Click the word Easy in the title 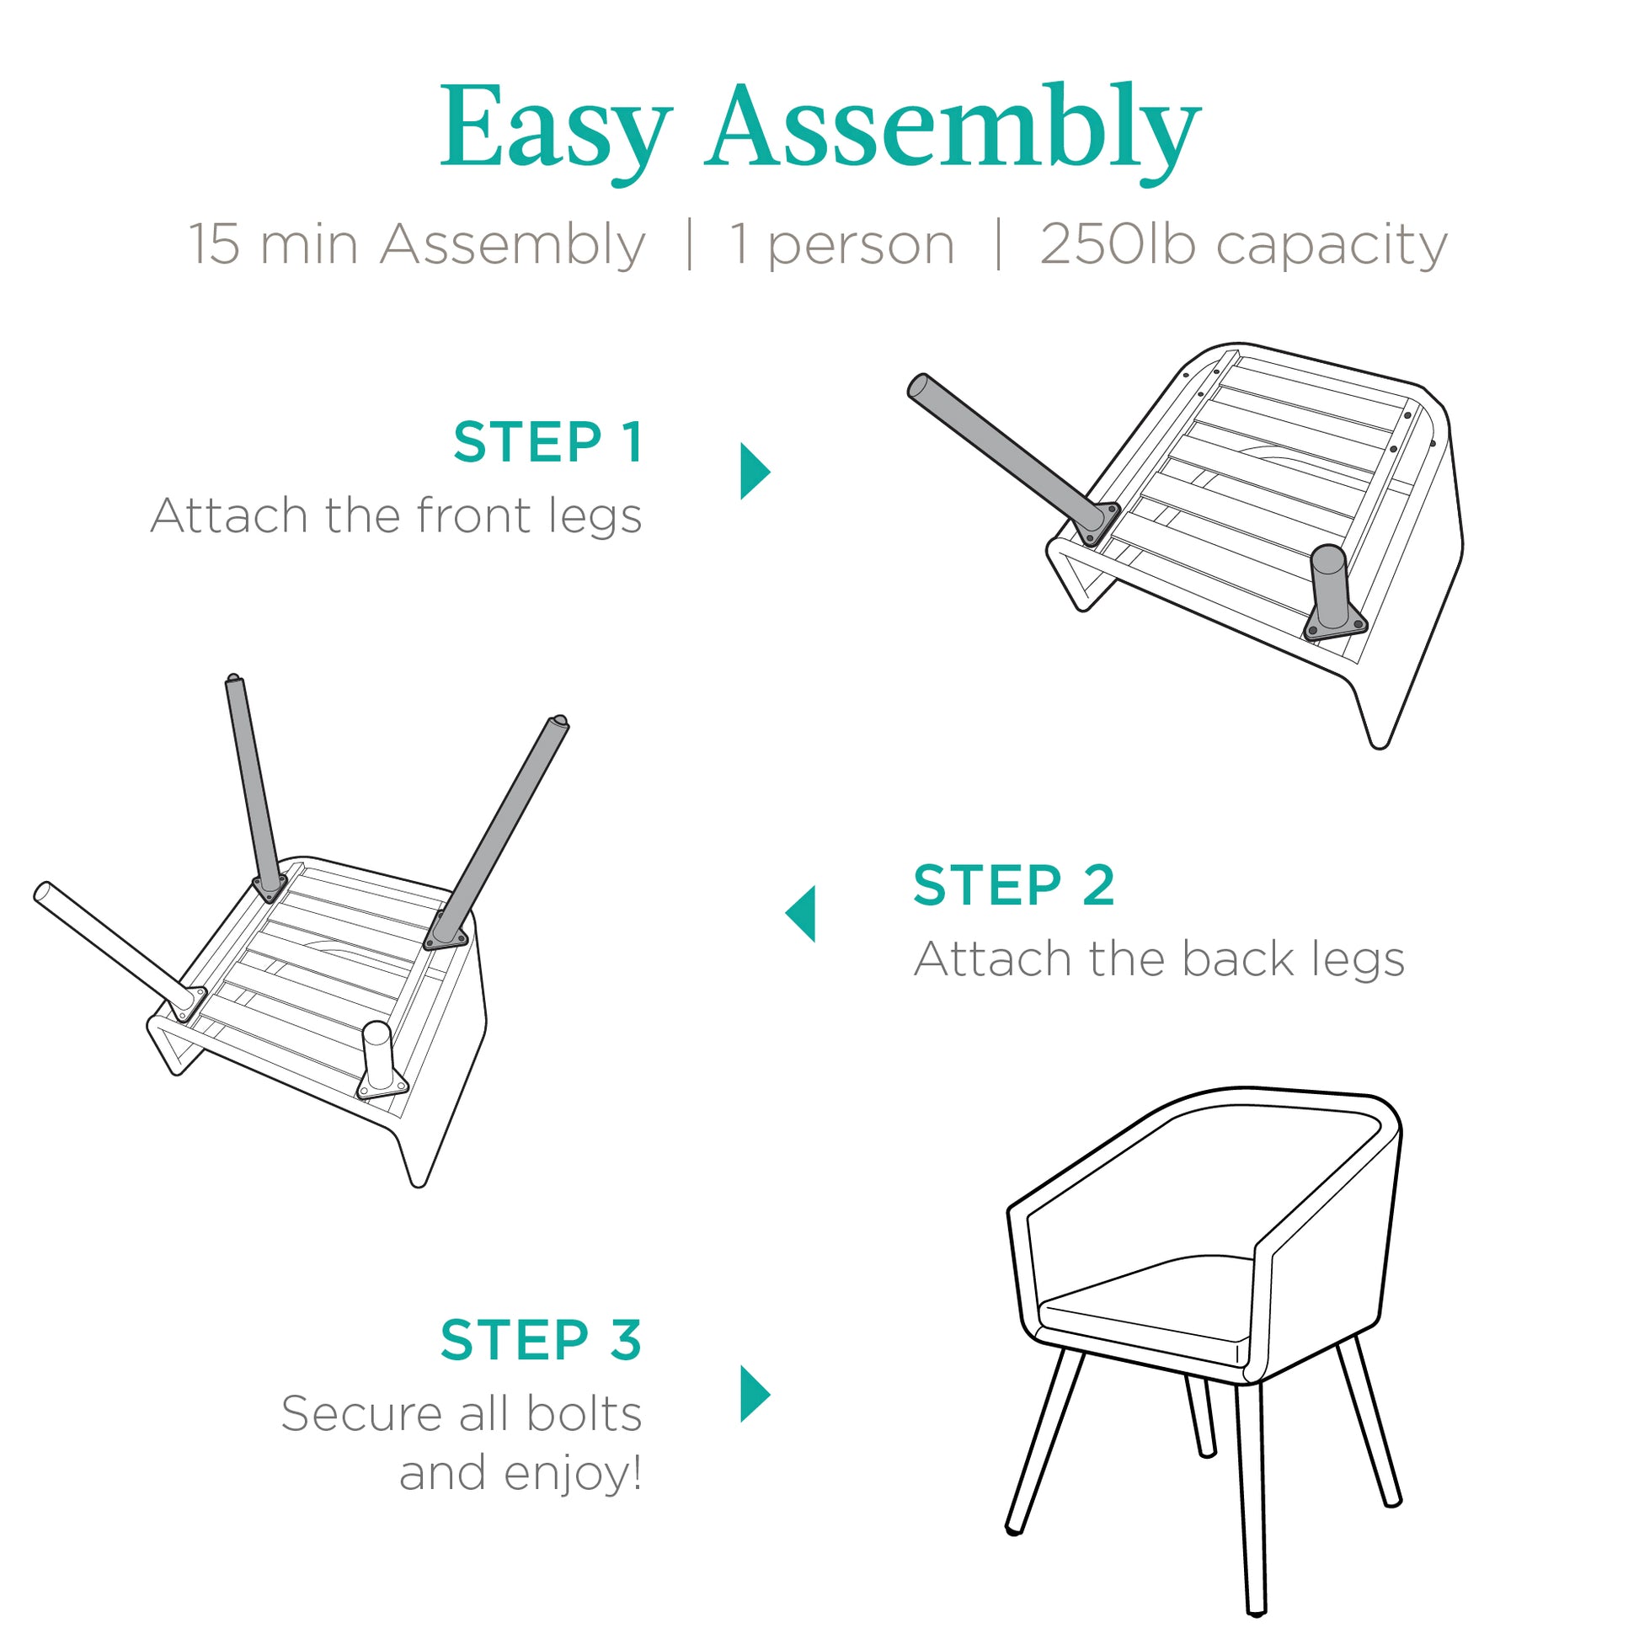tap(556, 131)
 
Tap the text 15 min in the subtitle tap(272, 245)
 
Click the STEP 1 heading tap(548, 442)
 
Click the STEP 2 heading tap(1014, 886)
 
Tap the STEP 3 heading tap(542, 1341)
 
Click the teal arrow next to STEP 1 tap(754, 471)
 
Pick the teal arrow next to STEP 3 tap(754, 1394)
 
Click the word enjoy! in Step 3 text tap(574, 1476)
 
